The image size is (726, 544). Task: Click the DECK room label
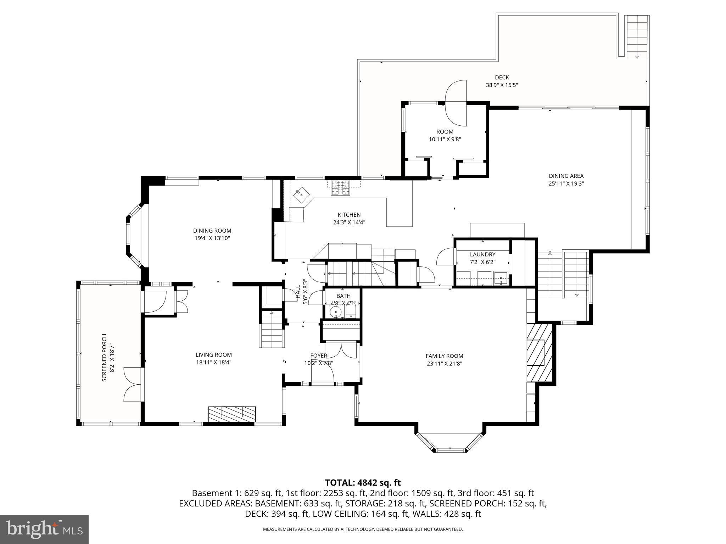pos(502,77)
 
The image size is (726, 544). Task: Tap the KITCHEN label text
pos(349,215)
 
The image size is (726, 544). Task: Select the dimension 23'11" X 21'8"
pos(444,364)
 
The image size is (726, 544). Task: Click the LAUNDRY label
pos(482,254)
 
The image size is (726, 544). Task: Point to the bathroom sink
pos(335,313)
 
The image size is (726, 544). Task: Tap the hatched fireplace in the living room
pos(232,414)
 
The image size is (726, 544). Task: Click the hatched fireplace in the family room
pos(539,352)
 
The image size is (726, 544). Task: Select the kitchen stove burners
pos(340,188)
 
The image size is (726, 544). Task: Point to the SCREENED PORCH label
pos(104,358)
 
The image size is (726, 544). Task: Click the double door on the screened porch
pos(132,384)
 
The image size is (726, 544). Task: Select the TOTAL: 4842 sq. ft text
pos(363,482)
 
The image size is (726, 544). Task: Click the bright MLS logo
pos(44,529)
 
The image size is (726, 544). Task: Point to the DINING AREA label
pos(566,176)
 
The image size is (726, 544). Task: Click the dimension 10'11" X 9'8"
pos(445,140)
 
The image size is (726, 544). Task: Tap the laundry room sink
pos(501,278)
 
